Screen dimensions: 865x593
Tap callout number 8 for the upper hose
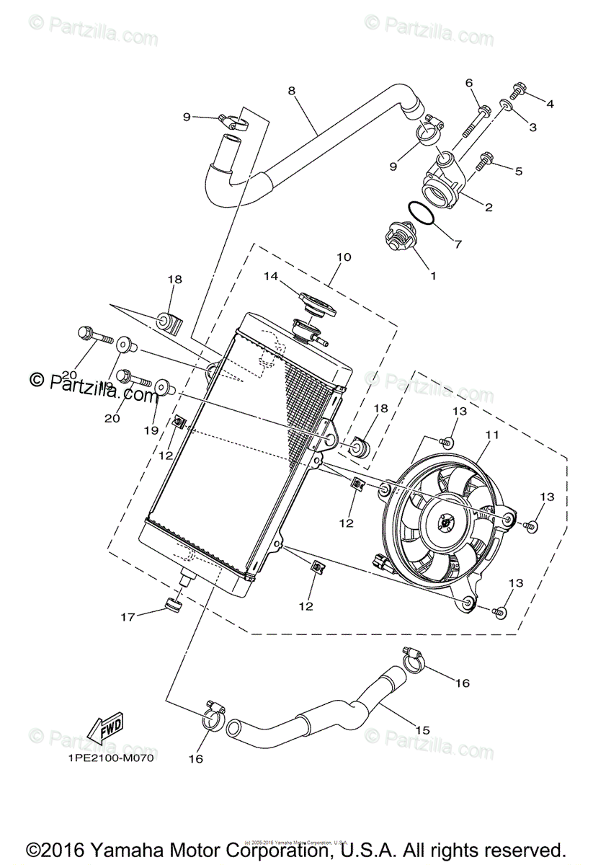point(291,91)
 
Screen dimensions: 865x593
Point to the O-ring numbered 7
point(421,215)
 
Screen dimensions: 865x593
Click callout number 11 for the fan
point(492,435)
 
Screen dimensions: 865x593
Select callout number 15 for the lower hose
point(423,730)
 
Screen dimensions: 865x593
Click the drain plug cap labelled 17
point(172,603)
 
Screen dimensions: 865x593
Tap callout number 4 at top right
point(550,104)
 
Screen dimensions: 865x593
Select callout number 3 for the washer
point(532,127)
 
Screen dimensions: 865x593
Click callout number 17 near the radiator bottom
point(128,616)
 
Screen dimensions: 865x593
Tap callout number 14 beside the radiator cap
point(270,275)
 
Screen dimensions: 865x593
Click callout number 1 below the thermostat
point(433,275)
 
